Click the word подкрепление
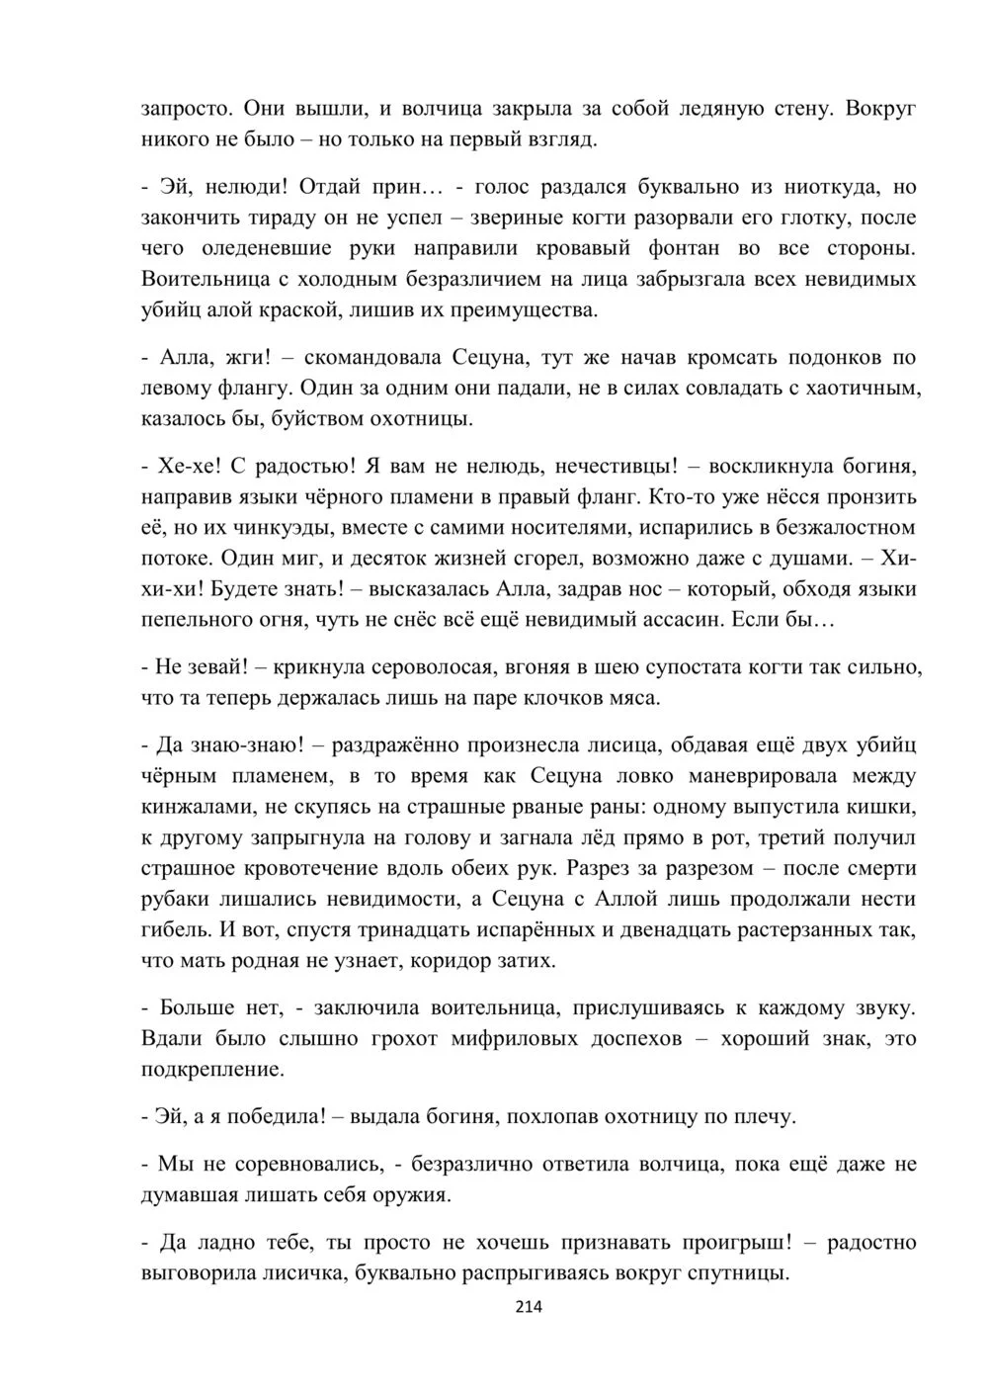[x=212, y=1070]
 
